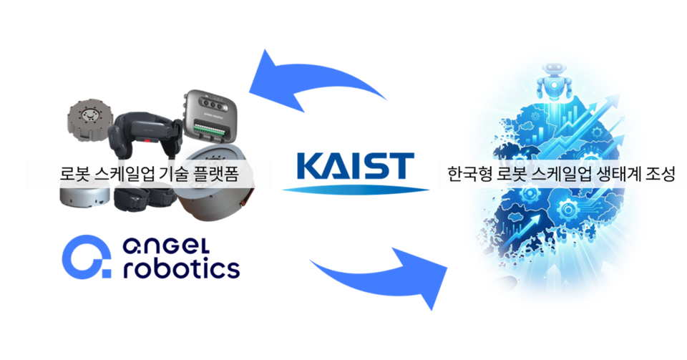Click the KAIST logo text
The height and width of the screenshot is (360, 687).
[x=354, y=165]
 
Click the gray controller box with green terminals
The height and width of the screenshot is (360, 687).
[x=210, y=118]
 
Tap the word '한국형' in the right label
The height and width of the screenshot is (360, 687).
[x=467, y=174]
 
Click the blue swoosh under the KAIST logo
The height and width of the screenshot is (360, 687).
[x=355, y=190]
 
